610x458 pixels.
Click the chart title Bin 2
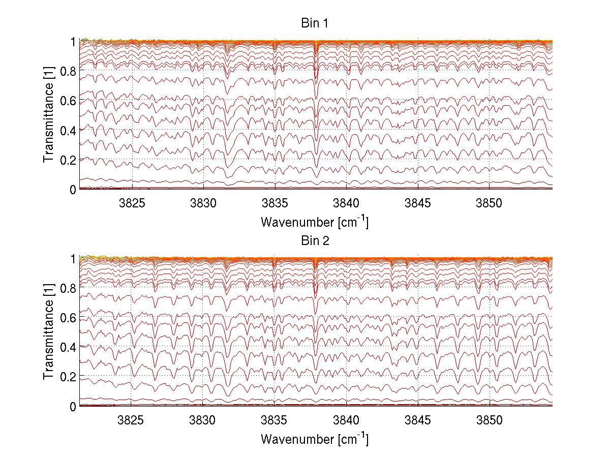coord(315,241)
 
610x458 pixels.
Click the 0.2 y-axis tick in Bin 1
coord(68,160)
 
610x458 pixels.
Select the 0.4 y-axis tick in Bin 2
coord(68,347)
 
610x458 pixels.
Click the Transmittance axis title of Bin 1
coord(49,115)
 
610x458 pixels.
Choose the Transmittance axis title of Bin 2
coord(49,332)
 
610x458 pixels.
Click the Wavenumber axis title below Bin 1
coord(315,222)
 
